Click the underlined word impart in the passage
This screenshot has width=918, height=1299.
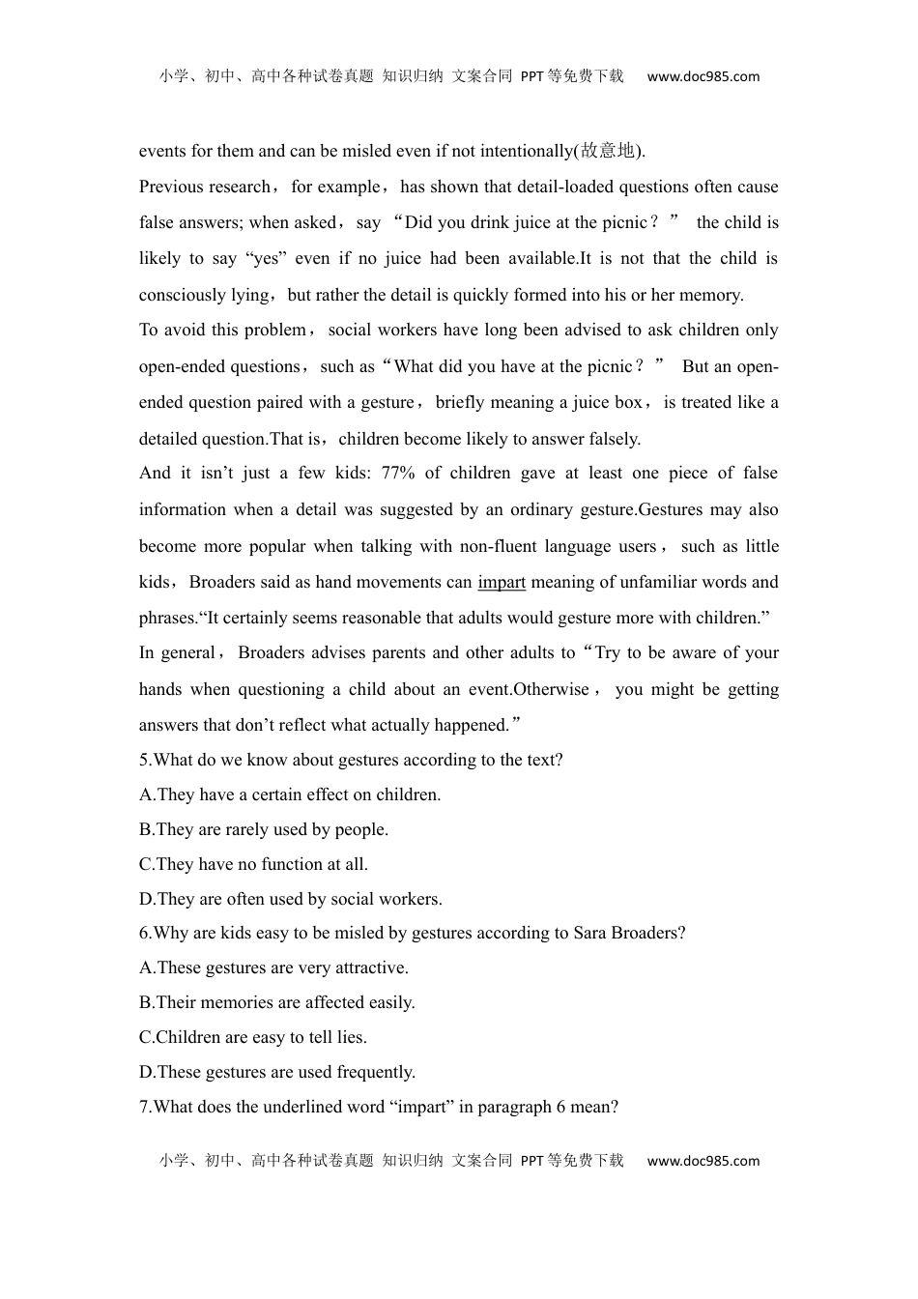[x=502, y=583]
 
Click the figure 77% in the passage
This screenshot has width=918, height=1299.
[x=398, y=474]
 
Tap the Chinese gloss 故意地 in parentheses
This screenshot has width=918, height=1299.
[x=609, y=151]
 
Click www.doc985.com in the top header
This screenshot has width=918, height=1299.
[x=703, y=77]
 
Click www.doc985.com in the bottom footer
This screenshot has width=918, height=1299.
[x=703, y=1162]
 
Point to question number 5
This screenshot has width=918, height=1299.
[x=145, y=761]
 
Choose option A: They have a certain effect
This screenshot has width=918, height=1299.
[x=290, y=795]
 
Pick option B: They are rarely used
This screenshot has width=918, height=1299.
[x=264, y=830]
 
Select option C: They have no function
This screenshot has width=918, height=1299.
[x=253, y=865]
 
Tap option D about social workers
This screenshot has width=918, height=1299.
[x=291, y=900]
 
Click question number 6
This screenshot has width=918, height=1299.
[x=145, y=934]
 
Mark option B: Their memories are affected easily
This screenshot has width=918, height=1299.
[x=276, y=1003]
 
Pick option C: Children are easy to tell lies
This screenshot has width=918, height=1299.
[x=252, y=1038]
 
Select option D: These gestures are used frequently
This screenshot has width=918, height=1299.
[x=277, y=1073]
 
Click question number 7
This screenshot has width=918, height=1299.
[x=145, y=1108]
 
